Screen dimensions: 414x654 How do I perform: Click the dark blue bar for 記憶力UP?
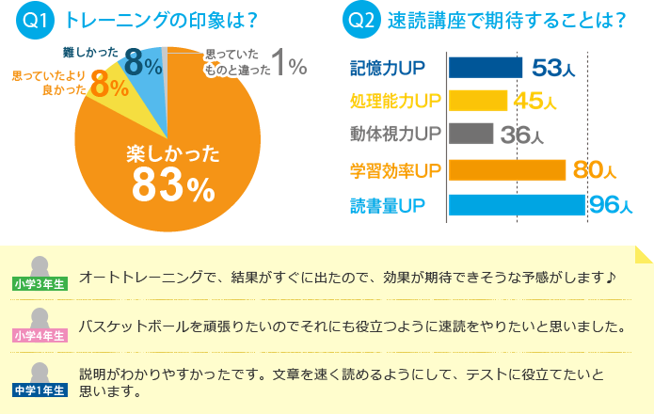485,68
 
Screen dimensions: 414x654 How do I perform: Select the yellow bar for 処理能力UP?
478,100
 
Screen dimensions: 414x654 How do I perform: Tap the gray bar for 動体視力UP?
471,133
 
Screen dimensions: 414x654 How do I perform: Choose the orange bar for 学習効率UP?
506,169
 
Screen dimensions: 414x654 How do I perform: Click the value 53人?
554,68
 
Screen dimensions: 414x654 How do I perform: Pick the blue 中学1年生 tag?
40,388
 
